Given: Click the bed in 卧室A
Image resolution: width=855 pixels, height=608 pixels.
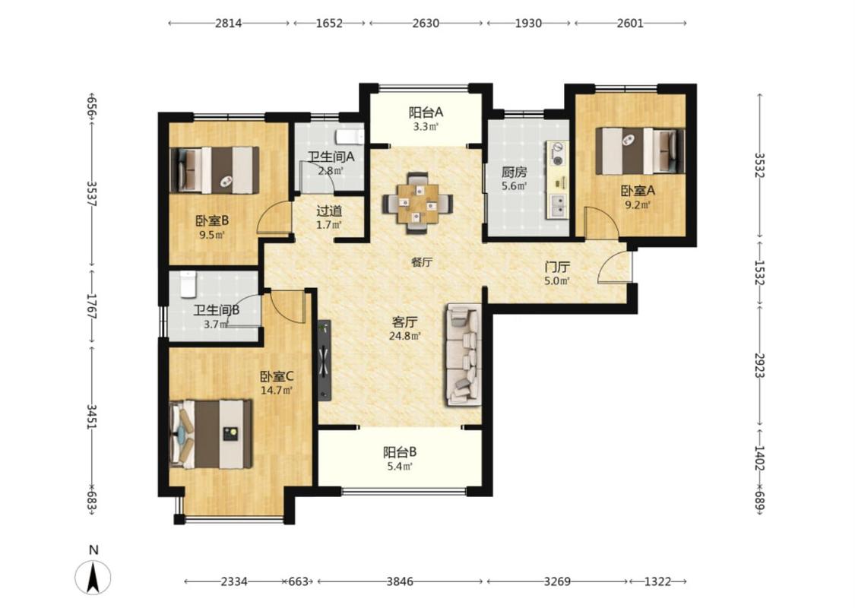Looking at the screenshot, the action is (x=640, y=151).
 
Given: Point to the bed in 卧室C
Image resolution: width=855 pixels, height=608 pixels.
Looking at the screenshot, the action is (x=211, y=435).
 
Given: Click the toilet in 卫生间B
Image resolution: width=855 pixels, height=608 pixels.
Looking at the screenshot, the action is (x=188, y=283).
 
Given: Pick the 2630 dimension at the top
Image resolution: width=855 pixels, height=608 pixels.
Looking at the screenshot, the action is (x=426, y=24).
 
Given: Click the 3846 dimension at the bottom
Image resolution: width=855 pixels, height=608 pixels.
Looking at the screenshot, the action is (x=400, y=581).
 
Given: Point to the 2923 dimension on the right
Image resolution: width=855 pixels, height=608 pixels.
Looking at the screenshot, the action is (x=759, y=365).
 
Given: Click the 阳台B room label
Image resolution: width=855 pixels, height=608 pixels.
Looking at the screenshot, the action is (x=401, y=452).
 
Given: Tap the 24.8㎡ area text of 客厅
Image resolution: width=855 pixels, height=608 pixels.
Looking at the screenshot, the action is (x=404, y=337).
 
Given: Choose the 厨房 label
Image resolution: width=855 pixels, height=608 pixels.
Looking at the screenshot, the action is (x=515, y=173).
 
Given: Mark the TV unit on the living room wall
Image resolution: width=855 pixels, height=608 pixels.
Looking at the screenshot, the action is (x=325, y=360).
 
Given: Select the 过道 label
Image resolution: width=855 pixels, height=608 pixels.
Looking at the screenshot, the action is (x=329, y=211).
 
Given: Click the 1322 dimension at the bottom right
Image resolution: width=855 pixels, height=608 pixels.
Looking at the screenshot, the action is (x=657, y=581).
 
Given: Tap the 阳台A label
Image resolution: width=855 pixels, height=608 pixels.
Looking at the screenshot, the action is (x=426, y=113).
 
